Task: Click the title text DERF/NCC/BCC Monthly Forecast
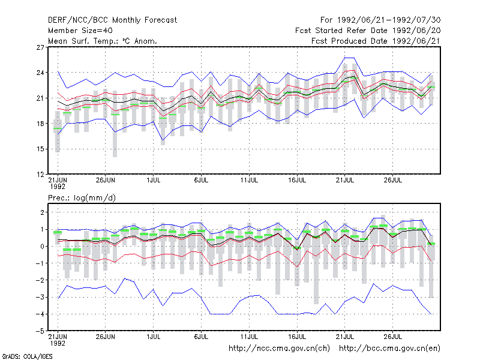(x=112, y=20)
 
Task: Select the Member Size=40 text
(x=80, y=31)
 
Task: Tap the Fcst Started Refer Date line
(x=368, y=31)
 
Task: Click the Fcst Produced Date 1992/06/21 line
(x=376, y=41)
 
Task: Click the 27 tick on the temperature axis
(x=40, y=47)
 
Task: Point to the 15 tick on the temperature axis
(x=40, y=149)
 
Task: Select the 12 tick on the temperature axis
(x=40, y=175)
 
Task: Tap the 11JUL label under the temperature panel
(x=249, y=181)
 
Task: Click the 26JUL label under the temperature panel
(x=393, y=181)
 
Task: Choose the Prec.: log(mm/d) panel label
(x=82, y=198)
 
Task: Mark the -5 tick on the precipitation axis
(x=40, y=331)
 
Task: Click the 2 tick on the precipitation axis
(x=42, y=212)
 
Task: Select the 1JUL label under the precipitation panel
(x=154, y=337)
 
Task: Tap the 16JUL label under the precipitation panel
(x=297, y=337)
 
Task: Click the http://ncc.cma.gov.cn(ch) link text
(x=279, y=349)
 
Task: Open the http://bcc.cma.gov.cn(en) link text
(x=389, y=349)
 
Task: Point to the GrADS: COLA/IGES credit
(x=27, y=356)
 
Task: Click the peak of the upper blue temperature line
(x=349, y=58)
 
